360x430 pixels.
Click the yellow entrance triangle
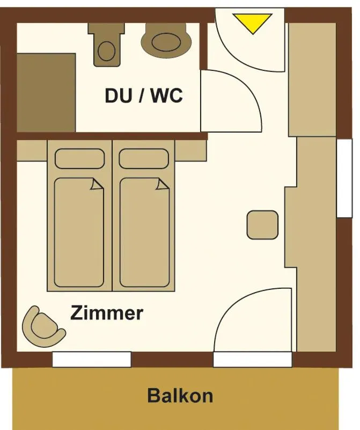[x=252, y=21]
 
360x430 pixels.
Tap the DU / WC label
[x=143, y=96]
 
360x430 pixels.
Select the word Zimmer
[x=107, y=312]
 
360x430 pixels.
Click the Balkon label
[x=180, y=396]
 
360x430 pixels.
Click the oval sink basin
[x=167, y=41]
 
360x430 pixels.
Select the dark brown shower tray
[x=46, y=92]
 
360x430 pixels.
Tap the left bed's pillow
[x=79, y=158]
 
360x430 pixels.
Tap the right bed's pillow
[x=144, y=158]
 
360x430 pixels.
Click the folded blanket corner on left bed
[x=97, y=185]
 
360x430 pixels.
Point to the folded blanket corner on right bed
[x=161, y=185]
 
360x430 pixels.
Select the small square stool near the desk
[x=262, y=225]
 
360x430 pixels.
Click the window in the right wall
[x=344, y=178]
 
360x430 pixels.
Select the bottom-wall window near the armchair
[x=92, y=359]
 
